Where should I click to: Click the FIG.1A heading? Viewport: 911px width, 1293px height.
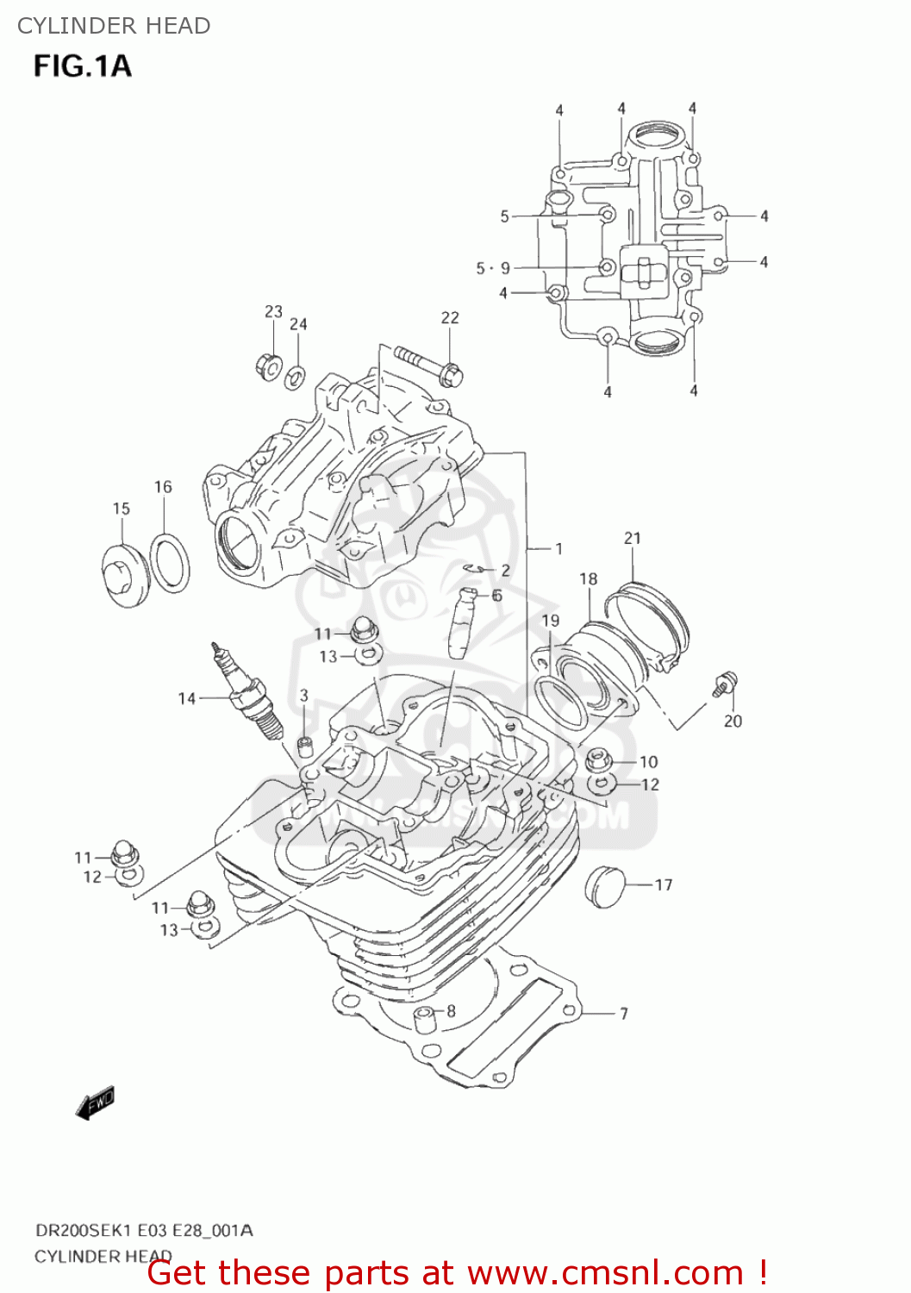tap(83, 66)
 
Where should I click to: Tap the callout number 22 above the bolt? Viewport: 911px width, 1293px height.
tap(450, 318)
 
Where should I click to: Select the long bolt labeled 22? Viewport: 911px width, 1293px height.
tap(429, 365)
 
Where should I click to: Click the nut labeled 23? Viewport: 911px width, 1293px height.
tap(267, 365)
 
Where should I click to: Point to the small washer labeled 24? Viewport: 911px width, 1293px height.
tap(296, 377)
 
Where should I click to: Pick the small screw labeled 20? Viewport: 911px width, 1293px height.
tap(724, 684)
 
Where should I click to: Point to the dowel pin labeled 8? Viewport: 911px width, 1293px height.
tap(424, 1019)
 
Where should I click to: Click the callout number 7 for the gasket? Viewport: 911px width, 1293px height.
tap(623, 1014)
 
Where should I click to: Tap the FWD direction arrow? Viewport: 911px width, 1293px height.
tap(95, 1103)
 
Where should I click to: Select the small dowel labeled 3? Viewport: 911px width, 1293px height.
tap(303, 745)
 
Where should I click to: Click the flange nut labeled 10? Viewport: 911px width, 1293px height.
tap(599, 760)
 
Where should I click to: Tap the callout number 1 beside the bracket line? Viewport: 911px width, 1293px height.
tap(558, 548)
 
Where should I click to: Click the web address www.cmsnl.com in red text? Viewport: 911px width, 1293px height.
tap(605, 1272)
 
